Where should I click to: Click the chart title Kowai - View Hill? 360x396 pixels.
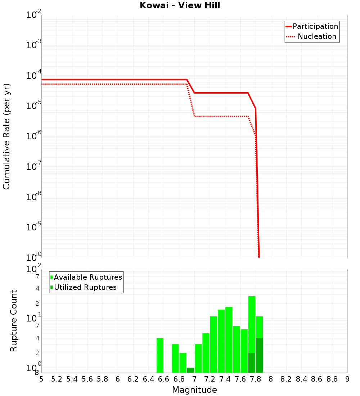(x=180, y=6)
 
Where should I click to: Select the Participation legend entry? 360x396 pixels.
(x=315, y=26)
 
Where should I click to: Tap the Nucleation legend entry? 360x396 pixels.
(x=317, y=36)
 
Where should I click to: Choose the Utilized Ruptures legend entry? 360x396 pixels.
(x=85, y=287)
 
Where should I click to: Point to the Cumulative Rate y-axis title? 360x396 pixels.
(x=6, y=136)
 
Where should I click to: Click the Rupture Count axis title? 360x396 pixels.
(x=14, y=320)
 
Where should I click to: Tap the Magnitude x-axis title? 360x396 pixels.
(x=194, y=390)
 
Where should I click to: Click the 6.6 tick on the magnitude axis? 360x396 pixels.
(x=164, y=379)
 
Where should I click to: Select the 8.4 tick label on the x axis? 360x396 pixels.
(x=302, y=379)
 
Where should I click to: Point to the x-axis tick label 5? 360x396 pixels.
(x=41, y=379)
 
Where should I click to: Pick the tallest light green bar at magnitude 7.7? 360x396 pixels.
(x=252, y=324)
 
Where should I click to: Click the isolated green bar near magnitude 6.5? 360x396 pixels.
(x=160, y=355)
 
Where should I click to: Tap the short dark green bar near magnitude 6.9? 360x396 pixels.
(x=190, y=370)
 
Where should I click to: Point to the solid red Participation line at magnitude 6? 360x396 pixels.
(x=118, y=80)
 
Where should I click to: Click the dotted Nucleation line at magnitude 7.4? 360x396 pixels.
(x=225, y=116)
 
